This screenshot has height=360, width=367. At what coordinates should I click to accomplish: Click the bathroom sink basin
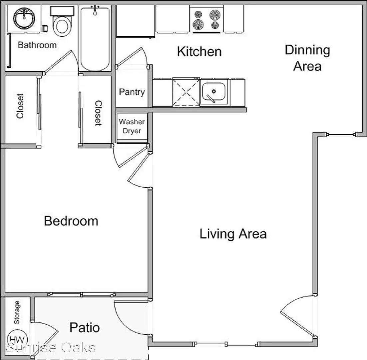pos(24,18)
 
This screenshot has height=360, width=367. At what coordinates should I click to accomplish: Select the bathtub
pos(95,39)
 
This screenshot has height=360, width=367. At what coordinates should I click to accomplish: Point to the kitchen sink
pos(214,92)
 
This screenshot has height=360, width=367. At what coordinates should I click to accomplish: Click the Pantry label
pos(132,92)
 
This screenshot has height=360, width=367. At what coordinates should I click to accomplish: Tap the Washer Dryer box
pos(132,128)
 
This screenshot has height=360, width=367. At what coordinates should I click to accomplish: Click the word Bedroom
pos(71,221)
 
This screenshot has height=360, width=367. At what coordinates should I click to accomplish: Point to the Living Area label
pos(233,234)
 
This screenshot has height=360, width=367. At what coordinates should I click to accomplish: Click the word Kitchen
pos(199,52)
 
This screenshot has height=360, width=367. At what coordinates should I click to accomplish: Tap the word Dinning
pos(307,50)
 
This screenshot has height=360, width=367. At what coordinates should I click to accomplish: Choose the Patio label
pos(85,327)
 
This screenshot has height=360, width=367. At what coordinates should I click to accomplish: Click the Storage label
pos(17,312)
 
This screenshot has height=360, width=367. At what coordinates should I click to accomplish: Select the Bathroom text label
pos(37,45)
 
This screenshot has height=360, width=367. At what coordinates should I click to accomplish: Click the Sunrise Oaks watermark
pos(51,347)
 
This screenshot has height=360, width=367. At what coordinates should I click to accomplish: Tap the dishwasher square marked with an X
pos(186,92)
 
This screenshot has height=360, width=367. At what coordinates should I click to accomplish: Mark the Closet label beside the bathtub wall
pos(98,113)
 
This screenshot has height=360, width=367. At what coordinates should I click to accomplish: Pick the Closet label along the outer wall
pos(20,106)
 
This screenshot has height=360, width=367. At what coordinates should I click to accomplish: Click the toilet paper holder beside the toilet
pos(45,28)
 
